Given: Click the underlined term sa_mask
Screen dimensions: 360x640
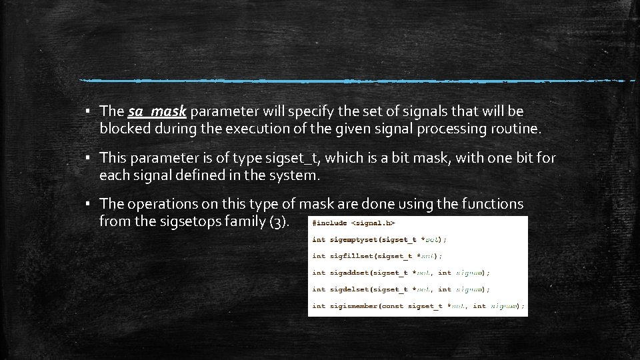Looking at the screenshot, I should (x=157, y=111).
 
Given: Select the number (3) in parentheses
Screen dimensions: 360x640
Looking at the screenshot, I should (x=279, y=221).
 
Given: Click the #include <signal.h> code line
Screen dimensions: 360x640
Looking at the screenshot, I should (x=353, y=223).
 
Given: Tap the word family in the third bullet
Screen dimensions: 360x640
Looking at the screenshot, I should (x=246, y=221).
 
